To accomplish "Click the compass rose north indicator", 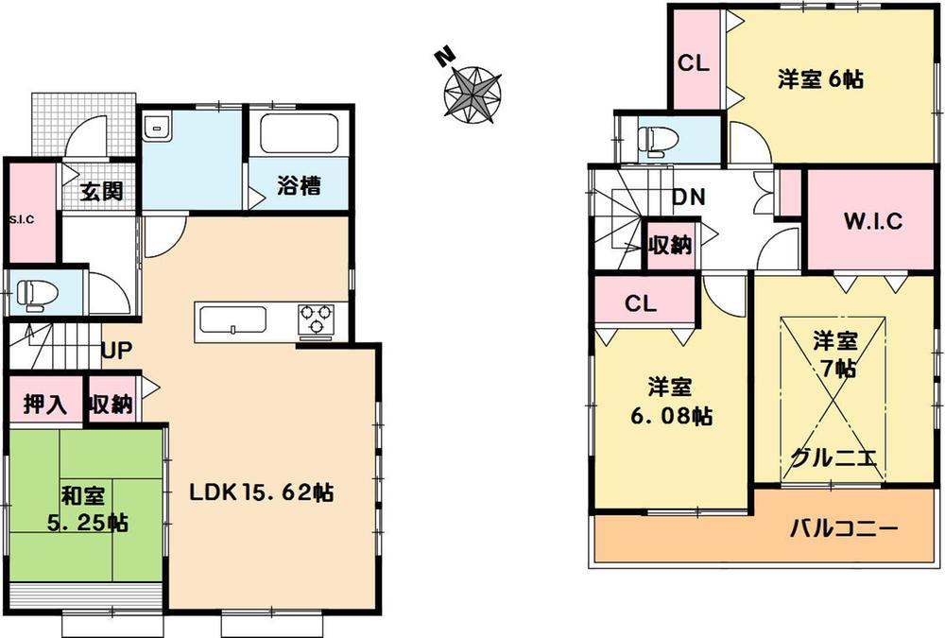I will [x=440, y=57].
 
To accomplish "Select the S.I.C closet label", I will [x=21, y=219].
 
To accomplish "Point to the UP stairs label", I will [x=116, y=351].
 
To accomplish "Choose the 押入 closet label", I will [x=45, y=405].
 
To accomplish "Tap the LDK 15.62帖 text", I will [x=261, y=492].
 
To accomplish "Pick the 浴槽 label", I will [x=299, y=186].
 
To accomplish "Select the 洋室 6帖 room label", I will [x=820, y=80].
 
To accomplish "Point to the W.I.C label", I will [x=872, y=222].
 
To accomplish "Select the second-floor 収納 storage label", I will [x=670, y=245].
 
